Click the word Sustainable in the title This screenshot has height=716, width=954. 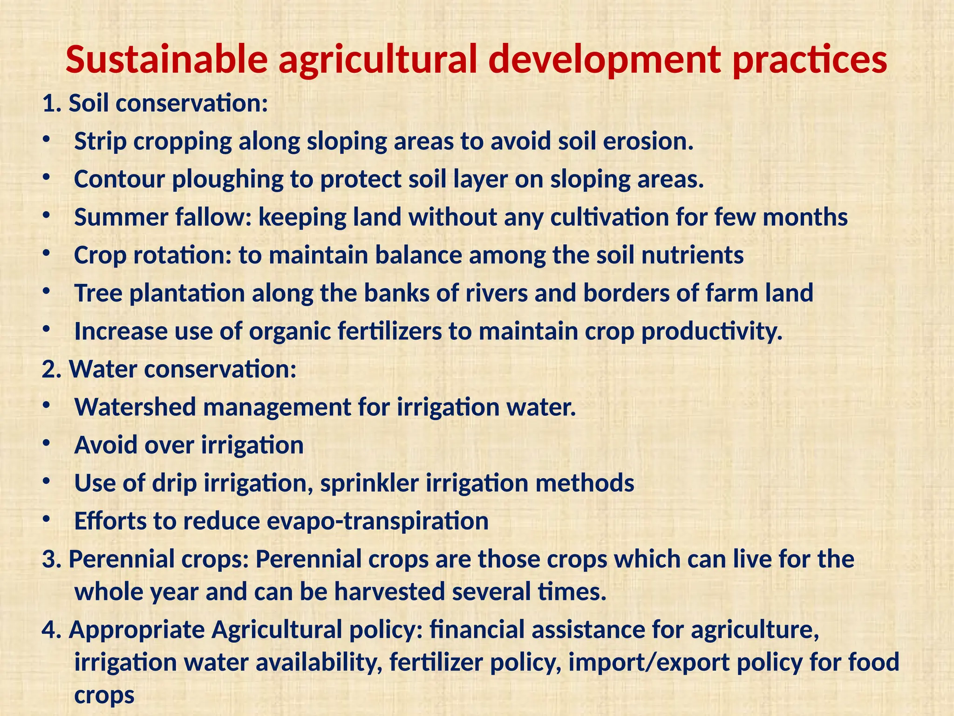pyautogui.click(x=166, y=60)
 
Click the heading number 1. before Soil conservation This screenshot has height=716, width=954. pyautogui.click(x=52, y=103)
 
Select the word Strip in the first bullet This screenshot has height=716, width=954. pyautogui.click(x=100, y=141)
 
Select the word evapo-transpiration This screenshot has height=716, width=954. pyautogui.click(x=377, y=521)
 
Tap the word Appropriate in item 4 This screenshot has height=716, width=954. pyautogui.click(x=137, y=630)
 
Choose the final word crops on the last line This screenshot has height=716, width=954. pyautogui.click(x=104, y=695)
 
